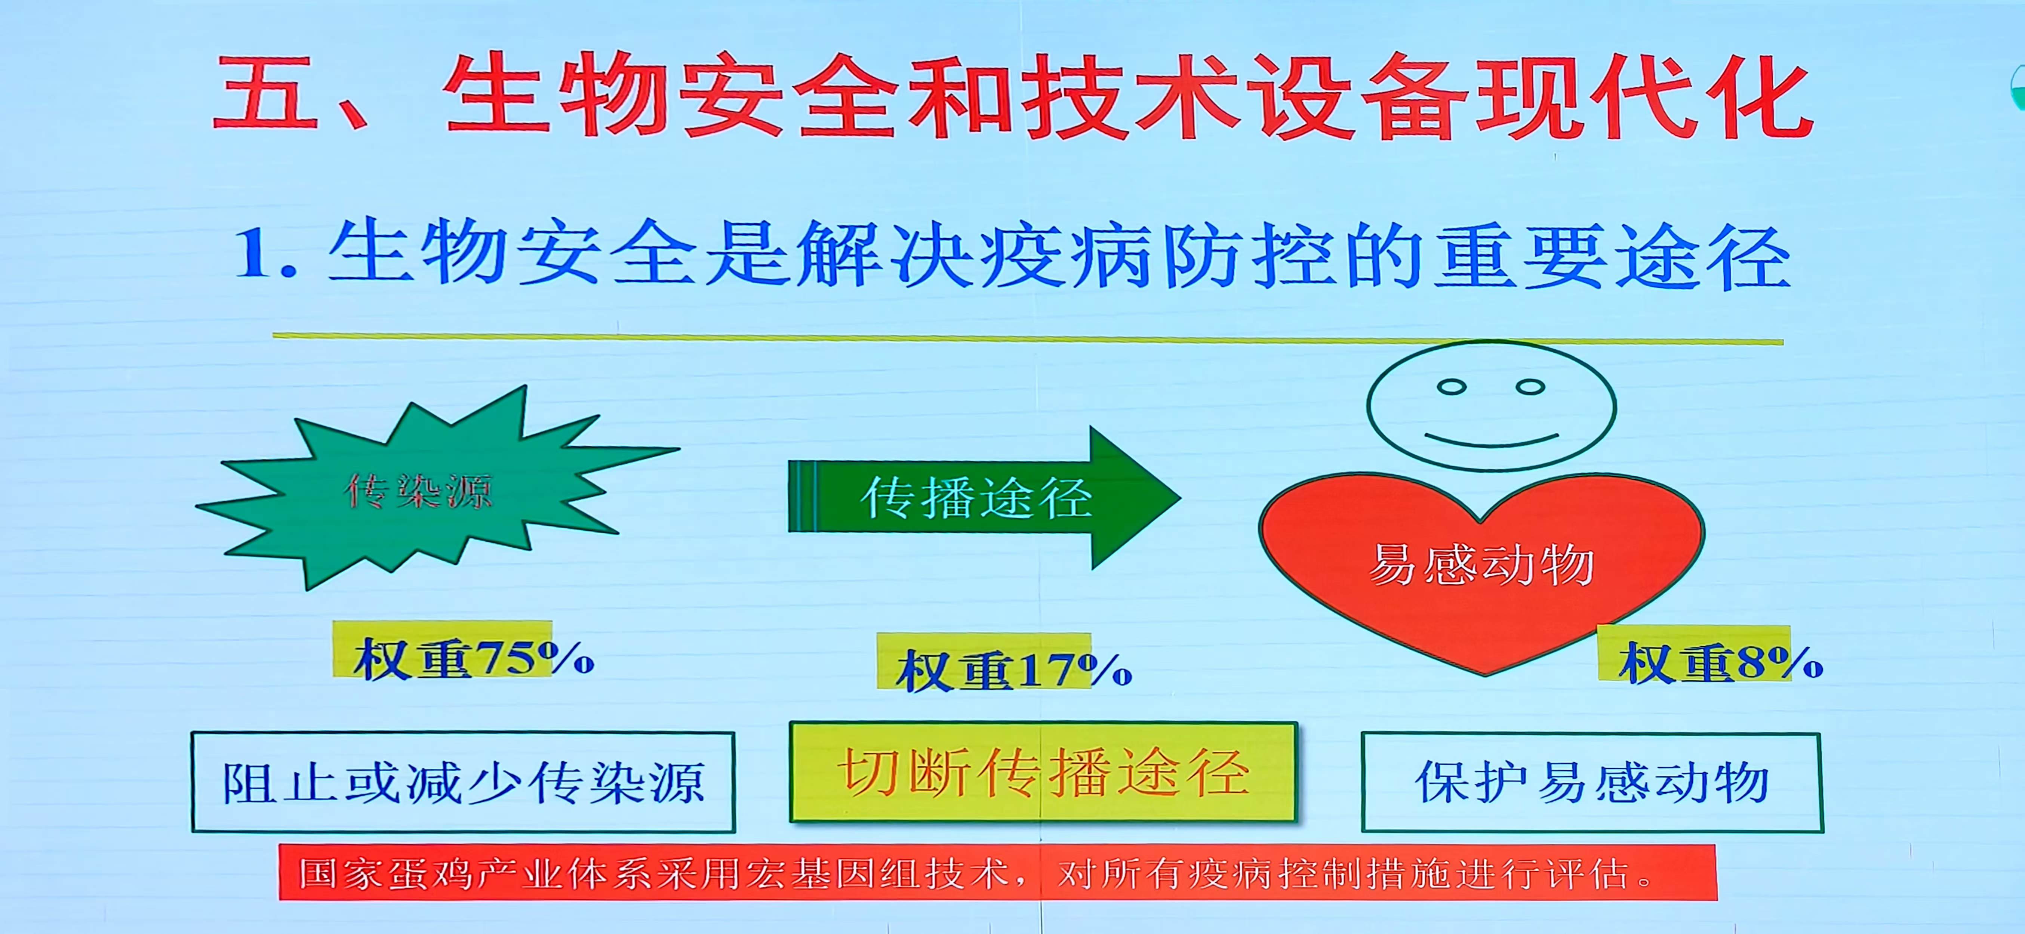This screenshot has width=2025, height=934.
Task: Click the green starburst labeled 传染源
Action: pos(425,491)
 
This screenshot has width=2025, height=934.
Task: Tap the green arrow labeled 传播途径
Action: pos(983,497)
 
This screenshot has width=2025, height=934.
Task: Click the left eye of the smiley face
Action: pos(1451,386)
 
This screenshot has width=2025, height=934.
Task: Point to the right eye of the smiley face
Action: pos(1530,386)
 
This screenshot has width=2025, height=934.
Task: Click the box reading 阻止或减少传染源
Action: pos(463,782)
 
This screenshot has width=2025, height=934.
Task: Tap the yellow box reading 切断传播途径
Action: pos(1043,772)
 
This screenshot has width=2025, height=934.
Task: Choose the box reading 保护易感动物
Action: pos(1592,782)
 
